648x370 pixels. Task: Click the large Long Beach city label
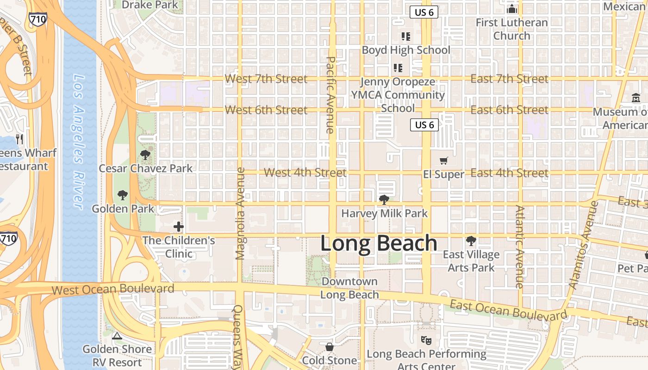tap(379, 243)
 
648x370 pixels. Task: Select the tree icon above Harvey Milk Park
tap(384, 200)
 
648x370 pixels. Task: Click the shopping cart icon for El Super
tap(444, 160)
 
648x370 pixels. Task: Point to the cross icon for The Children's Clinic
tap(179, 227)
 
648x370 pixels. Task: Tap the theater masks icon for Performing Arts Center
tap(426, 340)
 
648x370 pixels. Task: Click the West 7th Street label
tap(266, 79)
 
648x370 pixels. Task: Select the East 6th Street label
tap(509, 110)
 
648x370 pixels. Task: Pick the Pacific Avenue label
tap(330, 95)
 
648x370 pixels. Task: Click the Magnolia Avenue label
tap(240, 213)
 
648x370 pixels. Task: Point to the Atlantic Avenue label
tap(520, 247)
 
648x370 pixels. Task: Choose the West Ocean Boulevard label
tap(113, 290)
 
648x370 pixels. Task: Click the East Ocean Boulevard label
tap(508, 310)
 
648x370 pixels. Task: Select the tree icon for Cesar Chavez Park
tap(145, 155)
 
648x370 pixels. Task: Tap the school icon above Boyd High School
tap(406, 36)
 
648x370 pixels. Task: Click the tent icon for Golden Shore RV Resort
tap(117, 335)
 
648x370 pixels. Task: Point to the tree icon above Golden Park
tap(123, 195)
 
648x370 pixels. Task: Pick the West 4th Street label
tap(305, 173)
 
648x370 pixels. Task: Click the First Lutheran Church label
tap(511, 29)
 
